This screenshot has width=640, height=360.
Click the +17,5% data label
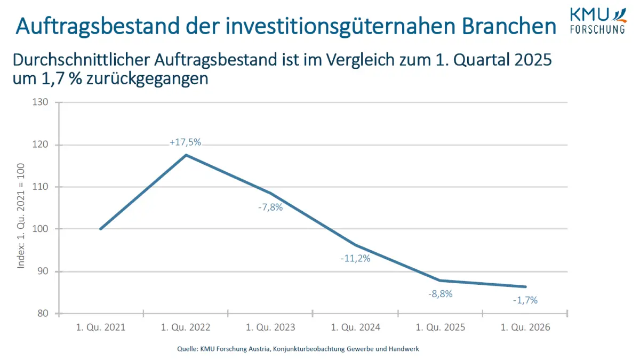(185, 142)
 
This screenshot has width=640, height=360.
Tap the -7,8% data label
(270, 207)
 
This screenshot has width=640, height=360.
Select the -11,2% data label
(355, 259)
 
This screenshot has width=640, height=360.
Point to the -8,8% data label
(440, 293)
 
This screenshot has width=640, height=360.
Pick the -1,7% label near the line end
(525, 300)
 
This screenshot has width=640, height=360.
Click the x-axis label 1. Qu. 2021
(101, 327)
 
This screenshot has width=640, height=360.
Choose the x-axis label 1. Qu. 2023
(270, 327)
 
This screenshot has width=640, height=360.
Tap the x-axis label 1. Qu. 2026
(525, 327)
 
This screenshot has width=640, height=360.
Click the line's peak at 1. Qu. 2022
(185, 155)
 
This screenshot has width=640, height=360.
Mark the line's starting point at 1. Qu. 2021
(101, 229)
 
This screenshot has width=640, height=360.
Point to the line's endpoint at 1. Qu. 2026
(525, 287)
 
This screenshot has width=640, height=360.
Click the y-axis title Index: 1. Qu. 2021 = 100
(21, 216)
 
